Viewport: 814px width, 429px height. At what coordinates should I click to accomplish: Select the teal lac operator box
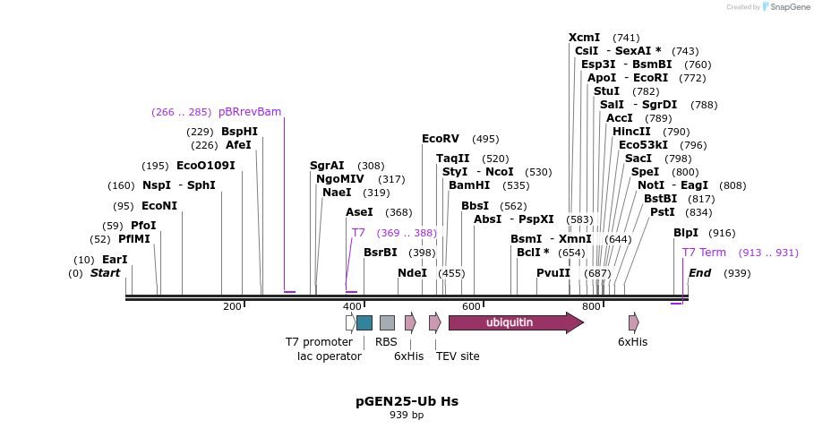(364, 322)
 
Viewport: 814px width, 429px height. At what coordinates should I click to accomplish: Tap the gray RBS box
(387, 322)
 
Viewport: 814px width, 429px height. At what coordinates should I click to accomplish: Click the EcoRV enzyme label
(440, 139)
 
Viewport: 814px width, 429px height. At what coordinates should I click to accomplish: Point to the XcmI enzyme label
(585, 38)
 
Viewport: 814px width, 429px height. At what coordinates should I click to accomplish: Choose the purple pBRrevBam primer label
(250, 112)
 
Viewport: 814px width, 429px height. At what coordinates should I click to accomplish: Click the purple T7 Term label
(704, 253)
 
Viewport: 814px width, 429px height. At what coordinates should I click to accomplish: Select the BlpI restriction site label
(686, 233)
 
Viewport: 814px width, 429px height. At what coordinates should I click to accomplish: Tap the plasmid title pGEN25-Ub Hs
(407, 401)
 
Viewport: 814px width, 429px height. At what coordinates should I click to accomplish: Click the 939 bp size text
(407, 416)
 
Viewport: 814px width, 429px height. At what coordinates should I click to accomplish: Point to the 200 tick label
(232, 307)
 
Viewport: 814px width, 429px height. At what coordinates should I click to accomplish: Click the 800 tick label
(590, 307)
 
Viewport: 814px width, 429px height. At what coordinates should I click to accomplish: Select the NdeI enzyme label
(413, 273)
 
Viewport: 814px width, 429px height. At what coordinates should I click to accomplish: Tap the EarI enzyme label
(115, 260)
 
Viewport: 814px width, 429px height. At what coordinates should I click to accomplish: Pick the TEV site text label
(458, 356)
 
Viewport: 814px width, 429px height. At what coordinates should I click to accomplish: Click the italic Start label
(105, 273)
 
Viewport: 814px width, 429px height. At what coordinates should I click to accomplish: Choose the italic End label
(699, 273)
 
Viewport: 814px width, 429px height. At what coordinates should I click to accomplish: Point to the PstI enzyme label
(662, 212)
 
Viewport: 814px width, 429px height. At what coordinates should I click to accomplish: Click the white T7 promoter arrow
(350, 322)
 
